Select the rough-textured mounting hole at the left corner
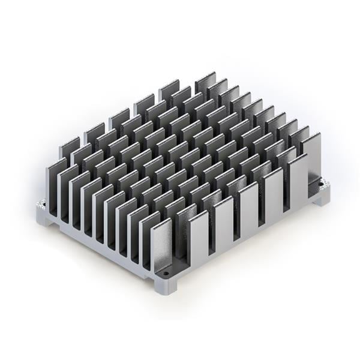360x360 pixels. pyautogui.click(x=42, y=204)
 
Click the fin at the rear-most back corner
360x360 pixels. pyautogui.click(x=205, y=82)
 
